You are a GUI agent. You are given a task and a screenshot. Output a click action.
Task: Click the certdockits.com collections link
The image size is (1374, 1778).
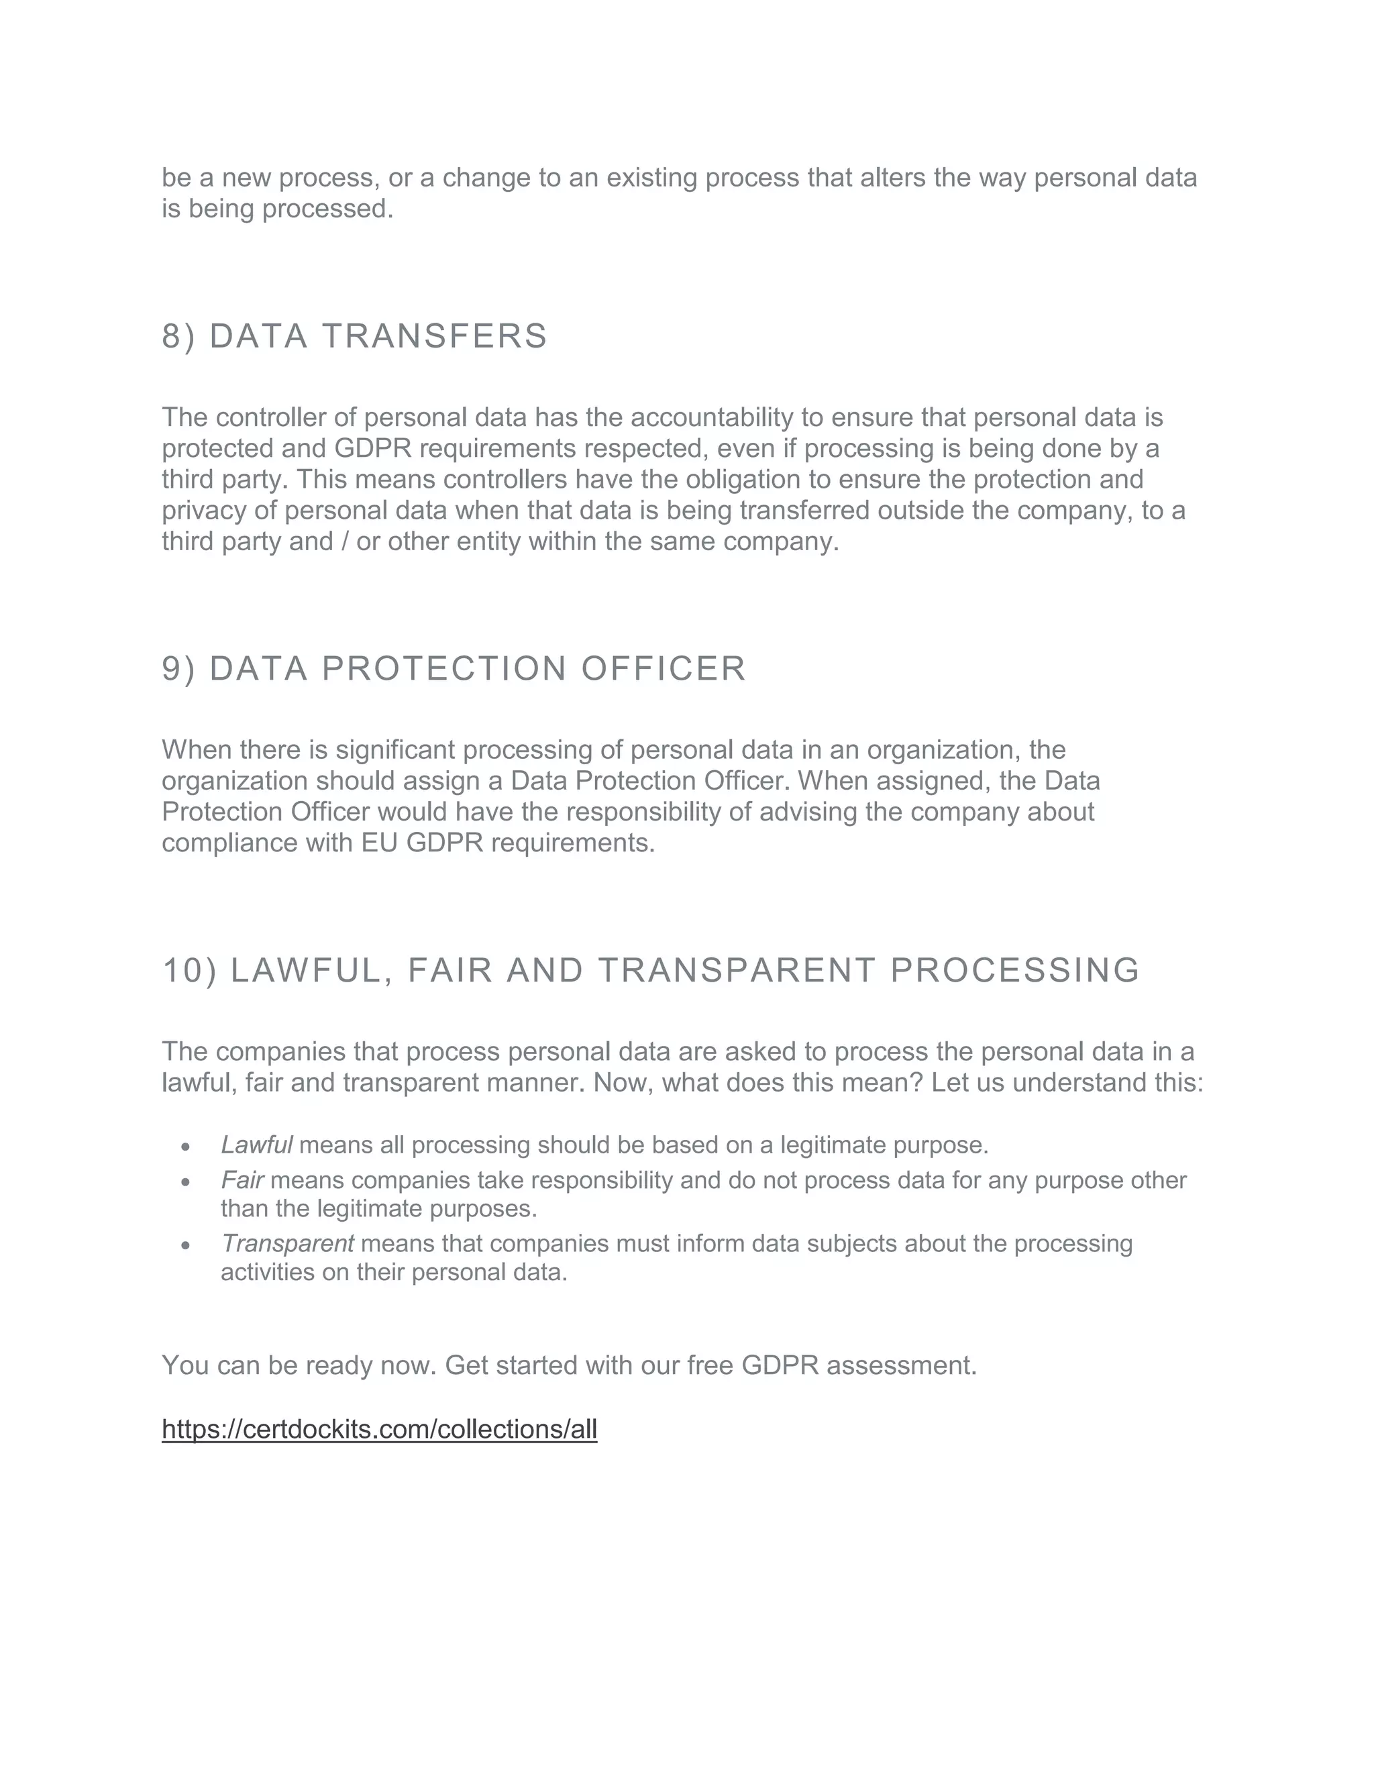click(x=379, y=1428)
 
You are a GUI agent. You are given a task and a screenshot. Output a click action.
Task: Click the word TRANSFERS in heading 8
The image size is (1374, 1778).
click(x=435, y=336)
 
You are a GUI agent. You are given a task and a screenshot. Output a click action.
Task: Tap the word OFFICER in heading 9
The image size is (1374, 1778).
click(x=664, y=668)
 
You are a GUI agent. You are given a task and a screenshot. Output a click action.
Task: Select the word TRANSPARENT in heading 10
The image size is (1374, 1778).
click(x=737, y=970)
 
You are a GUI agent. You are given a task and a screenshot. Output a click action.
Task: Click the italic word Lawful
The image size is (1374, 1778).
click(x=256, y=1145)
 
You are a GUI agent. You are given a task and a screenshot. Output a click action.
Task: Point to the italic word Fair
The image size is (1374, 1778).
click(x=242, y=1180)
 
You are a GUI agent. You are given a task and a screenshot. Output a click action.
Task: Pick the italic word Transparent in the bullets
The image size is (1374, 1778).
click(x=287, y=1243)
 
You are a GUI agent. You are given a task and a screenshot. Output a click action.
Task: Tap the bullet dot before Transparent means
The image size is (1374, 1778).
click(x=186, y=1245)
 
